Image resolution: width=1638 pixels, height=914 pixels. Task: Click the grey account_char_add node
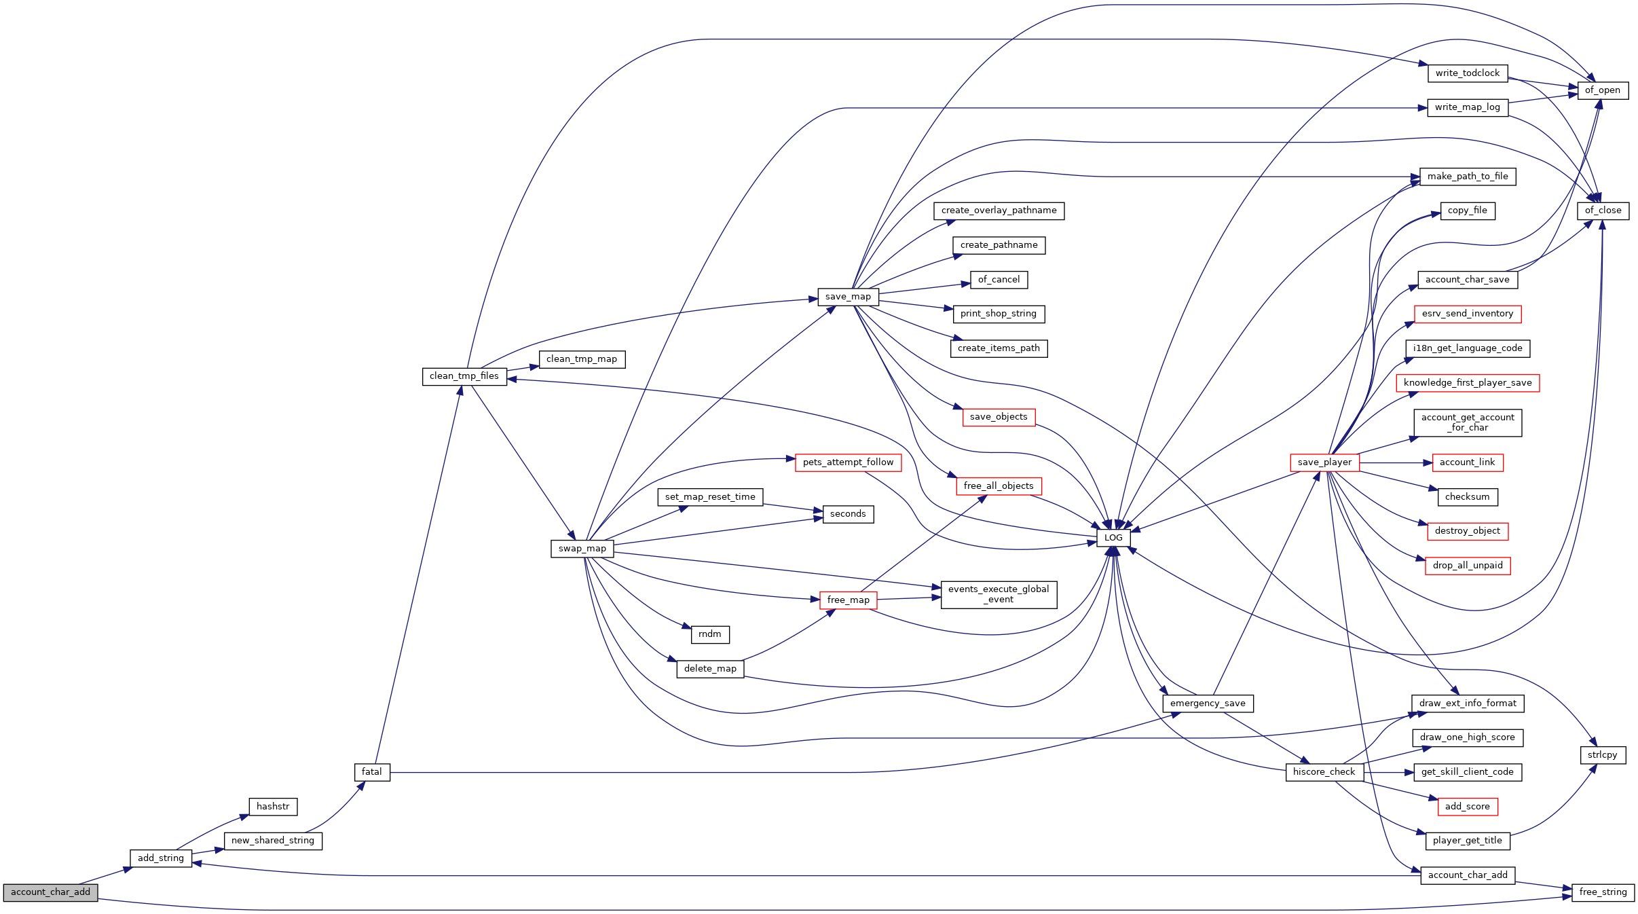click(50, 892)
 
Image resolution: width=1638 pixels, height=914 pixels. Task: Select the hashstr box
click(273, 807)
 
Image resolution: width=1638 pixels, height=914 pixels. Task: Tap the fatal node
click(372, 772)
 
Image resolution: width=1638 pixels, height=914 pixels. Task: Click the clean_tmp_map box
click(582, 359)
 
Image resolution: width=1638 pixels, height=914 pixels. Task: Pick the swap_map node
click(582, 549)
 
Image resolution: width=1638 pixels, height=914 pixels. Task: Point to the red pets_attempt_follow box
click(849, 462)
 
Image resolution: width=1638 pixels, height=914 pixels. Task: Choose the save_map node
click(849, 297)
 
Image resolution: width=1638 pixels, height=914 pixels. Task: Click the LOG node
click(1114, 538)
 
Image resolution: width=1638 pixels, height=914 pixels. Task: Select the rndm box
click(710, 634)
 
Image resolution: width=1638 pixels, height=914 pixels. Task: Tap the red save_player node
click(1325, 462)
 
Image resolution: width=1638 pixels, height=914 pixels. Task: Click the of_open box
click(1603, 90)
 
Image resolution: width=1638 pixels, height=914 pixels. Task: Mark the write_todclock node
click(1468, 73)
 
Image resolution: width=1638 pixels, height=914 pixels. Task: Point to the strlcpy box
click(1603, 755)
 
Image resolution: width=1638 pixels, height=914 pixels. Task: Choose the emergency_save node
click(1208, 703)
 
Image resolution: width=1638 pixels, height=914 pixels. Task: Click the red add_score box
click(1468, 807)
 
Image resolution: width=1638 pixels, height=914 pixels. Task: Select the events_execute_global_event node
click(999, 595)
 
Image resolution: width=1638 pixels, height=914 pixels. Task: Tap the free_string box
click(1603, 892)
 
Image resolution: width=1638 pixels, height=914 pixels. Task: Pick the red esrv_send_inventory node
click(1468, 314)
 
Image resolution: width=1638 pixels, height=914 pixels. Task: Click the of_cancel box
click(999, 280)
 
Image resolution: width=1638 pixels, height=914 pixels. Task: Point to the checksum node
click(1468, 497)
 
